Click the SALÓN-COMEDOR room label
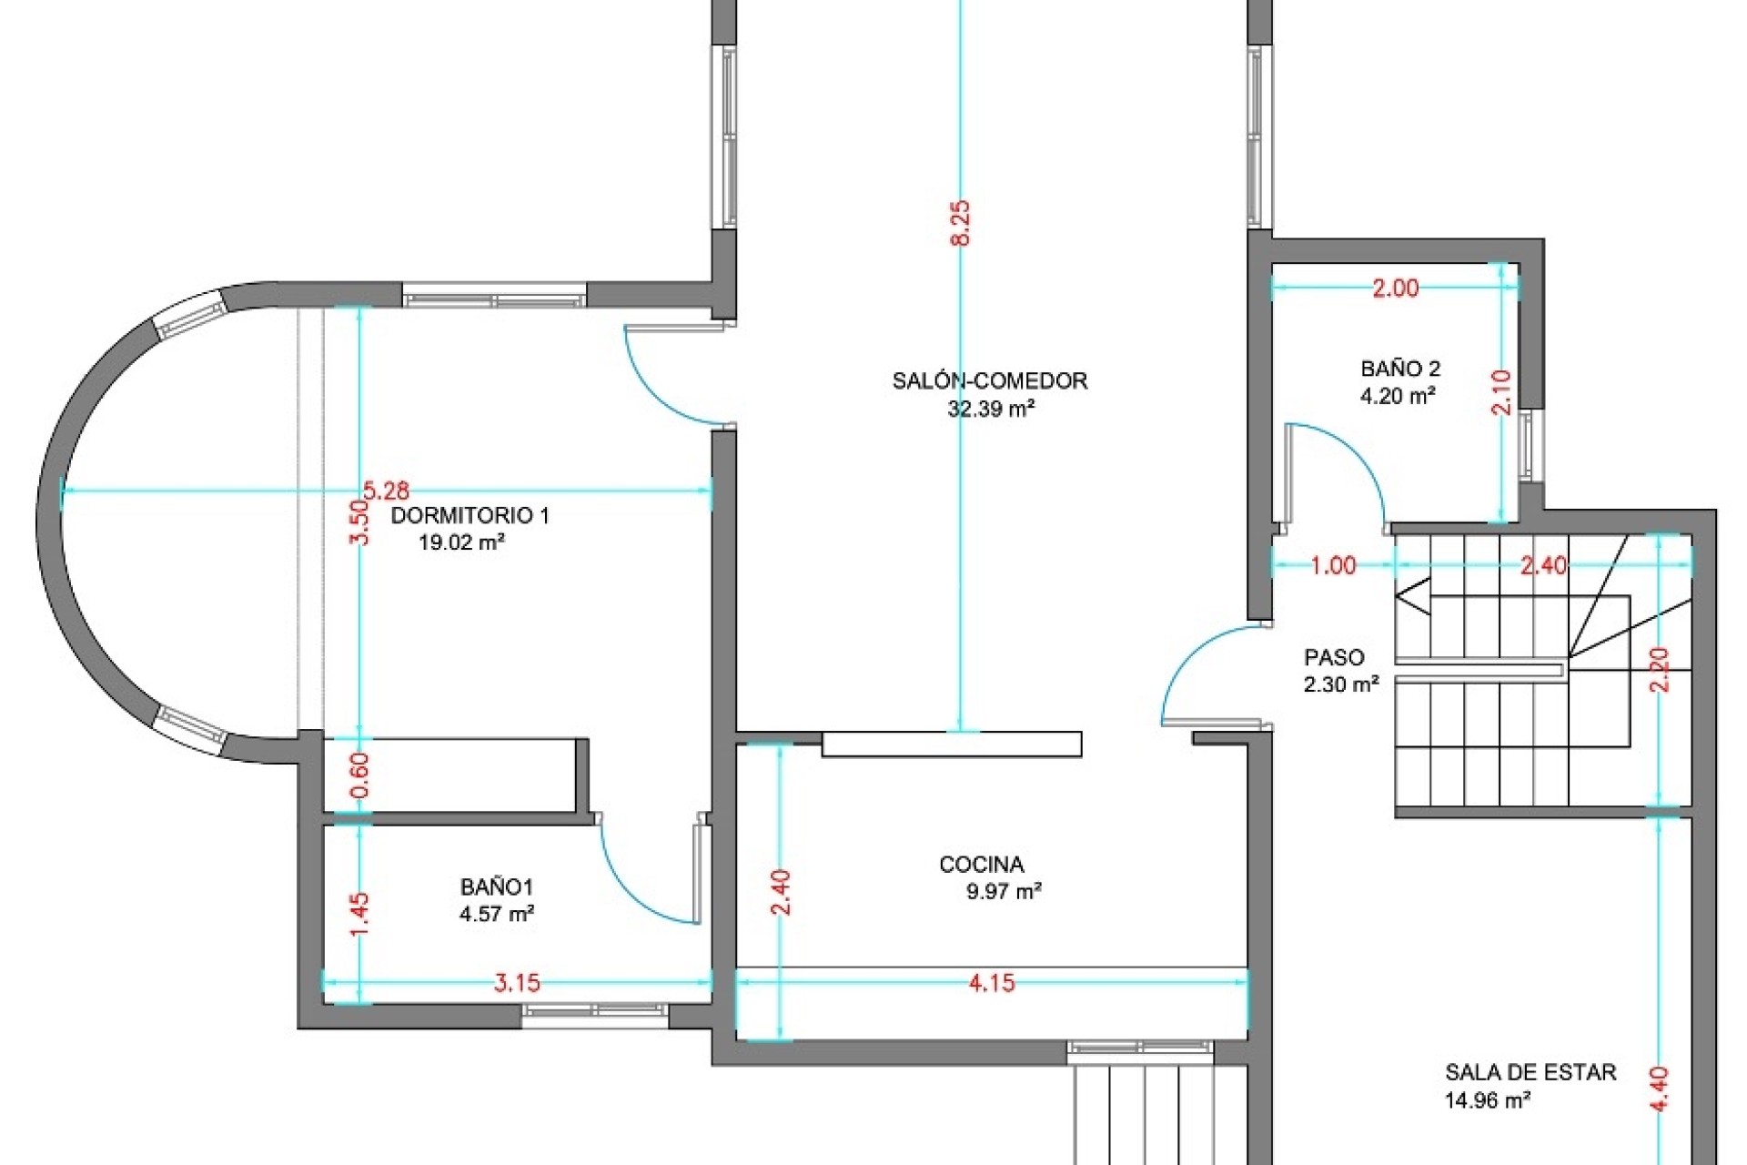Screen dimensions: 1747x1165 [x=990, y=380]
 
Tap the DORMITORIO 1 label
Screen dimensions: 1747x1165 [x=470, y=516]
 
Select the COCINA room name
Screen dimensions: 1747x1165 [x=982, y=865]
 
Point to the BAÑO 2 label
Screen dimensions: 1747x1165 [x=1400, y=370]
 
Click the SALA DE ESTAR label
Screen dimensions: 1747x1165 [x=1530, y=1072]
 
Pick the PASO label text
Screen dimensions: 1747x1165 [x=1335, y=657]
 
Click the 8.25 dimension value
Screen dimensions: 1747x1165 [x=961, y=223]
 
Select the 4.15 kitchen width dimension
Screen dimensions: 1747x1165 [x=992, y=983]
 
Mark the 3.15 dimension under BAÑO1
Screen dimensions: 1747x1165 [x=517, y=983]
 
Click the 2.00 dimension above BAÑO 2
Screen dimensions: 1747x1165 [x=1395, y=289]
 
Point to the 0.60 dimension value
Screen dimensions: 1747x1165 [x=361, y=775]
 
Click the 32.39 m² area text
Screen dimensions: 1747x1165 [x=991, y=409]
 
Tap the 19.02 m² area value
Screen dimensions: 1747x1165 [x=462, y=543]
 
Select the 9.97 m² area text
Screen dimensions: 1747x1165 [x=1004, y=892]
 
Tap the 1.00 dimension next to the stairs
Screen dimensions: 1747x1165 [x=1333, y=566]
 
